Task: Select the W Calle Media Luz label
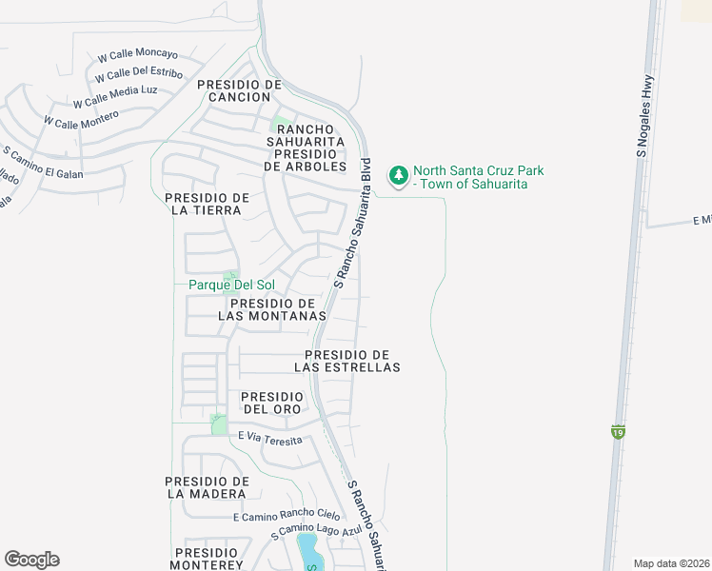(115, 96)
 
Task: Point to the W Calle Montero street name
(81, 119)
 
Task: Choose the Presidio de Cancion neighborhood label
(240, 90)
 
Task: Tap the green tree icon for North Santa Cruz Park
(398, 175)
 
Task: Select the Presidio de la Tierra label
(207, 204)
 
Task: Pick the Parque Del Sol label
(230, 285)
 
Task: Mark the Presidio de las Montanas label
(272, 309)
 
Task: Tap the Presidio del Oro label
(271, 403)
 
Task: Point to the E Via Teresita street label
(270, 439)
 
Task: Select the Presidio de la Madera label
(207, 487)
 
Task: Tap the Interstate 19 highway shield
(619, 432)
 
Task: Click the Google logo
(31, 560)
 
